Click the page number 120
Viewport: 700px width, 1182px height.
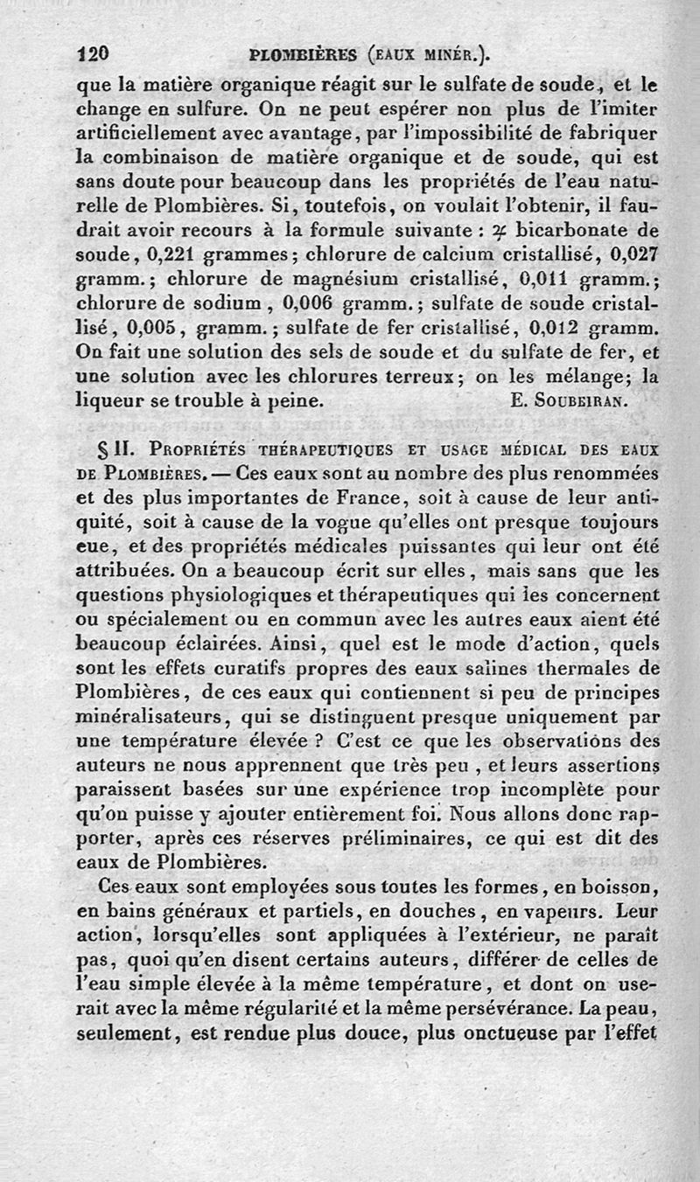[92, 53]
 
